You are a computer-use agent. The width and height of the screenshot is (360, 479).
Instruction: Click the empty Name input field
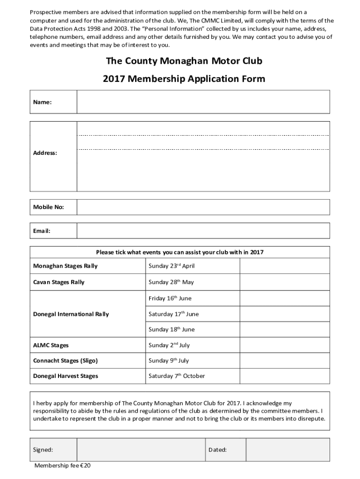[x=203, y=102]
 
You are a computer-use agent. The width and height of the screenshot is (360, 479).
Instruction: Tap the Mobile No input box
[x=203, y=207]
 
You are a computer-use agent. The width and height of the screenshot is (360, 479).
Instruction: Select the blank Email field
[x=203, y=231]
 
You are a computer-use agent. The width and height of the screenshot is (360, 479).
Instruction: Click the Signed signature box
[x=141, y=450]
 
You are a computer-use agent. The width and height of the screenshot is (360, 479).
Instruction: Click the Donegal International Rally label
[x=71, y=314]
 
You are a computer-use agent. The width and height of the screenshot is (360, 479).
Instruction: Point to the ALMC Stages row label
[x=51, y=345]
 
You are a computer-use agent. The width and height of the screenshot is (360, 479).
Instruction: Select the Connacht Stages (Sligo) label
[x=65, y=361]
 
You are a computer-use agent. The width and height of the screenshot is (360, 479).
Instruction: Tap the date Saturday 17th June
[x=173, y=314]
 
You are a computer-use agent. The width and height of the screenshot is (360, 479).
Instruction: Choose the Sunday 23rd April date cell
[x=171, y=266]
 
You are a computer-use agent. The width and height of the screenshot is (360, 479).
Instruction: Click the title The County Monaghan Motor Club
[x=184, y=61]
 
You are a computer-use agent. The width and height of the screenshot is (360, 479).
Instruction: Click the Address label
[x=45, y=153]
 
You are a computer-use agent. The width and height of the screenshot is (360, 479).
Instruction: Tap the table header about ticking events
[x=180, y=252]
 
